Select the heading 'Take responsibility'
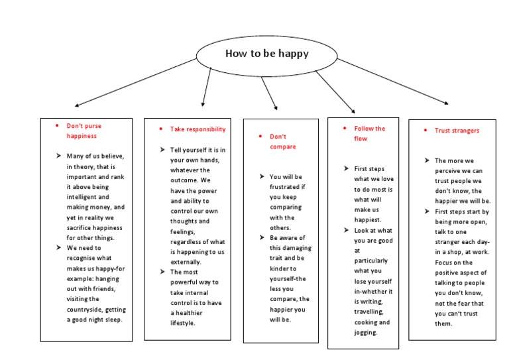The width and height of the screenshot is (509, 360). pyautogui.click(x=198, y=129)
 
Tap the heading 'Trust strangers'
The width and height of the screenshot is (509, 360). pyautogui.click(x=457, y=131)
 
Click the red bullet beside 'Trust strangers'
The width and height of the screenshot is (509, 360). pyautogui.click(x=425, y=131)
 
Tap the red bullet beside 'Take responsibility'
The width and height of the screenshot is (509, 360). pyautogui.click(x=161, y=129)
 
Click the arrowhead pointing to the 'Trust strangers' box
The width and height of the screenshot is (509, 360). pyautogui.click(x=446, y=103)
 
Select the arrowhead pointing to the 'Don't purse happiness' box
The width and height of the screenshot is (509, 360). pyautogui.click(x=77, y=105)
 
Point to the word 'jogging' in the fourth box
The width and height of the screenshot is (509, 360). pyautogui.click(x=366, y=332)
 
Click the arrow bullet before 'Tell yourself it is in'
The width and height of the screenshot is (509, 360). pyautogui.click(x=162, y=150)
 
